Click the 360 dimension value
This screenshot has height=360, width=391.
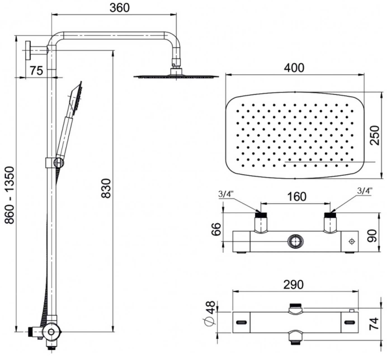tap(119, 8)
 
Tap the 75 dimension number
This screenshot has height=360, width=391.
tap(36, 70)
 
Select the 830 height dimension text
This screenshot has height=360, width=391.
tap(106, 188)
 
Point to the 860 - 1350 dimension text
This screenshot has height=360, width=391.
tap(10, 195)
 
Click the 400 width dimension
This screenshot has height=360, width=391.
tap(294, 68)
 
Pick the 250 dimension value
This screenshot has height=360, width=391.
tap(375, 135)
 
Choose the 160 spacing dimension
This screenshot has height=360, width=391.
tap(297, 196)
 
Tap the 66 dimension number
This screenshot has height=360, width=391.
tap(216, 229)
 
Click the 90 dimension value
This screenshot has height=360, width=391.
tap(372, 236)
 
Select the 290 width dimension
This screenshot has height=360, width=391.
tap(294, 285)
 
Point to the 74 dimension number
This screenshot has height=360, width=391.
tap(374, 324)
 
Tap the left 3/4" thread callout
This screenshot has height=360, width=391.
tap(226, 194)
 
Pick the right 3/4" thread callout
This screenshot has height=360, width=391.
tap(365, 191)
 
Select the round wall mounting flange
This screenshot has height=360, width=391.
tap(28, 50)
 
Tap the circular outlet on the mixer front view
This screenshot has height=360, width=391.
tap(296, 241)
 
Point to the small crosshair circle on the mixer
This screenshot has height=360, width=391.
tap(352, 241)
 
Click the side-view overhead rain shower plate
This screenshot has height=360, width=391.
tap(176, 76)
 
